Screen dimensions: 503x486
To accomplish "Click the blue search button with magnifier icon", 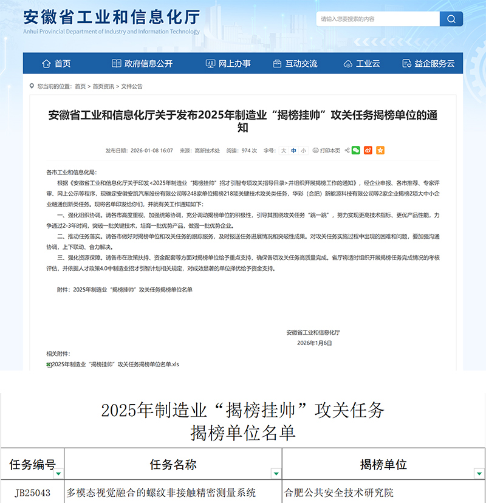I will pyautogui.click(x=451, y=19).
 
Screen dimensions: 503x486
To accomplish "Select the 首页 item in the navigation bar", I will pyautogui.click(x=56, y=64).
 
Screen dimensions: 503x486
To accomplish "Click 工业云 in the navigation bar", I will pyautogui.click(x=361, y=64).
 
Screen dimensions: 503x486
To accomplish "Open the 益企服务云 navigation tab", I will pyautogui.click(x=428, y=64).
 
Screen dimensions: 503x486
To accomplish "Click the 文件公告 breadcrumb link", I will pyautogui.click(x=132, y=86).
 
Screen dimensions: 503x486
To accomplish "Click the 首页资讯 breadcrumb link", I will pyautogui.click(x=103, y=86).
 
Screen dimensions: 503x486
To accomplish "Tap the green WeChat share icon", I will pyautogui.click(x=356, y=150).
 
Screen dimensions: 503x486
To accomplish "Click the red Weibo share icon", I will pyautogui.click(x=368, y=150).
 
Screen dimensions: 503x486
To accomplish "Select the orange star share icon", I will pyautogui.click(x=380, y=150).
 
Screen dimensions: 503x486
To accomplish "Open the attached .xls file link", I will pyautogui.click(x=115, y=364).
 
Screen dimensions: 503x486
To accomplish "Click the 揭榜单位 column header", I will pyautogui.click(x=383, y=465).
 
